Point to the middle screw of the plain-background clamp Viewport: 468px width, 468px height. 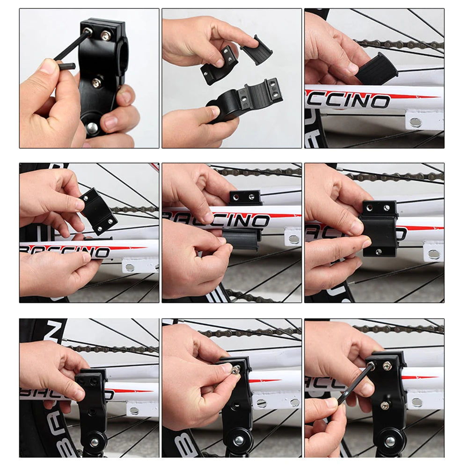[x=96, y=83]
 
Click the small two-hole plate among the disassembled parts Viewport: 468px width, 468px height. [x=218, y=65]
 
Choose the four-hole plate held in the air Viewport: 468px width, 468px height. [x=98, y=211]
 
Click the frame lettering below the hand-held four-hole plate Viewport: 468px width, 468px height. [x=66, y=251]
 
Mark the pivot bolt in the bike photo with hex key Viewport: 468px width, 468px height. [x=390, y=440]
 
